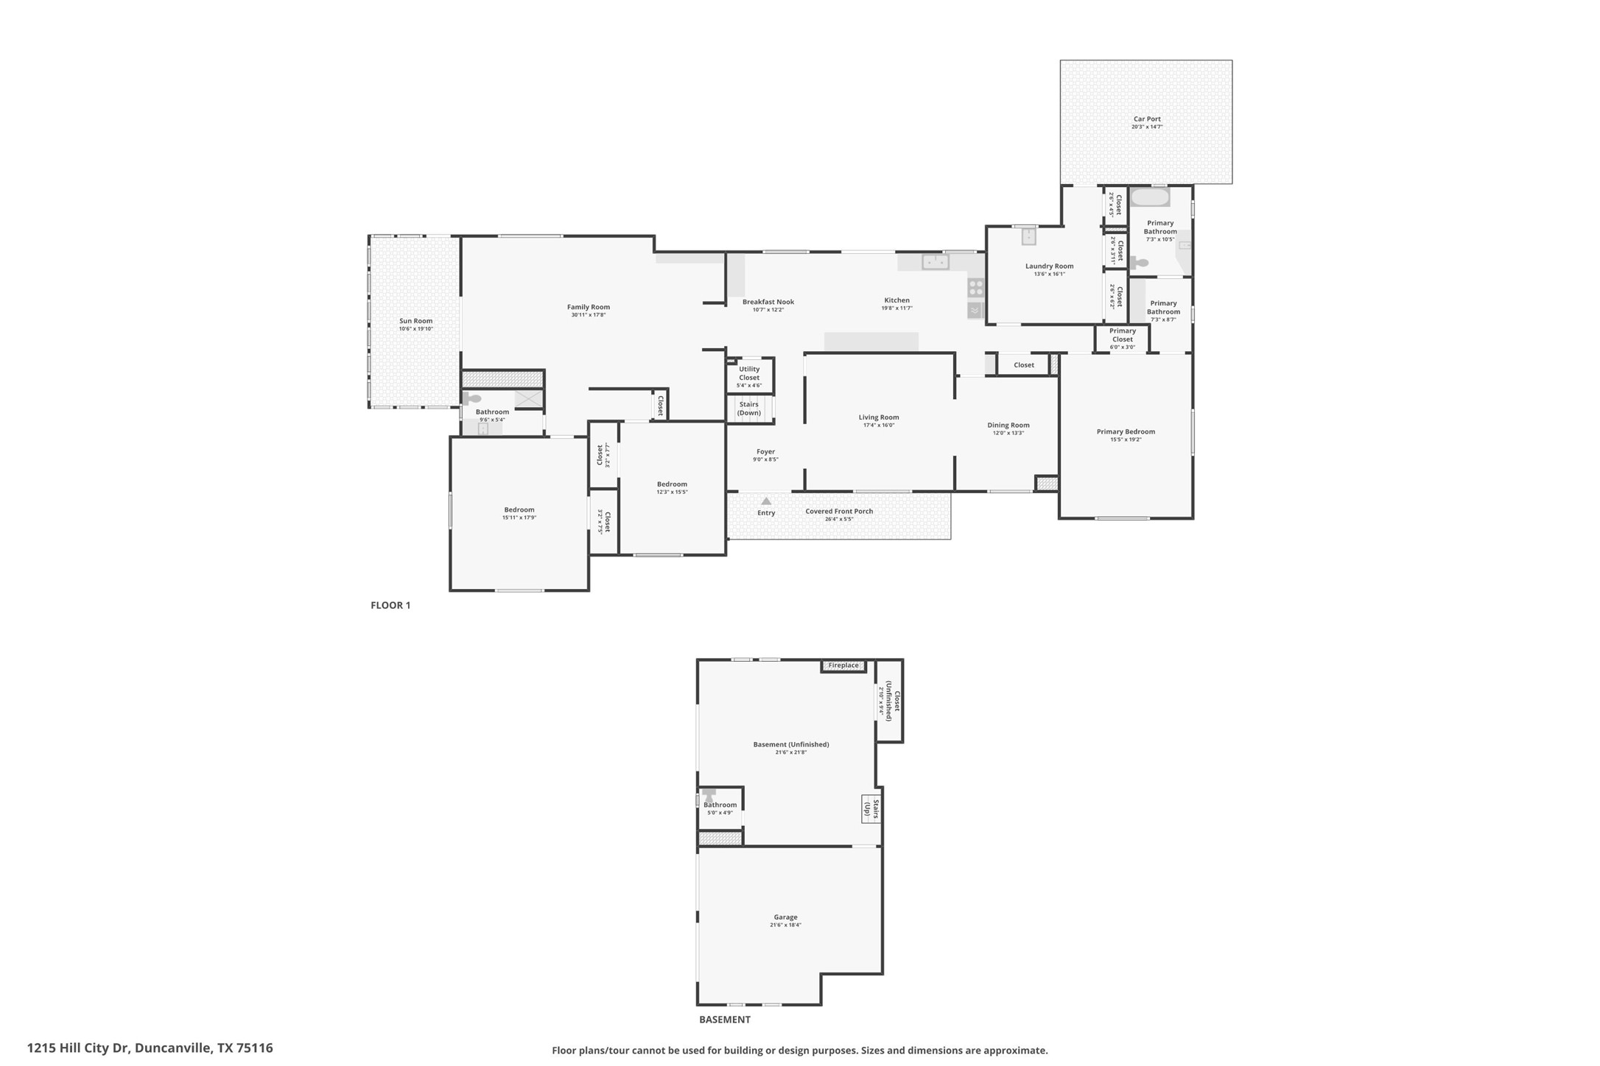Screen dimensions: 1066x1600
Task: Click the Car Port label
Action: point(1147,119)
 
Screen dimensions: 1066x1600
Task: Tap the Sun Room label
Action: point(415,321)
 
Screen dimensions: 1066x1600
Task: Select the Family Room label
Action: point(588,307)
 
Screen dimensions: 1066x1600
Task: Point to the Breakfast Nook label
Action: point(768,302)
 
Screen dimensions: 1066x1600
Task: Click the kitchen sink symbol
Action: point(935,261)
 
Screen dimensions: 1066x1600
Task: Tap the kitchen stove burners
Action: point(975,287)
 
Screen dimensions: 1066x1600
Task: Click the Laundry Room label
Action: point(1049,266)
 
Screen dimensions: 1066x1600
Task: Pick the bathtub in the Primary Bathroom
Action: point(1150,197)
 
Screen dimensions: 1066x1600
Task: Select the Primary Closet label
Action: point(1122,335)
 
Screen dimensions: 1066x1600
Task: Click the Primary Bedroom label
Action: point(1125,432)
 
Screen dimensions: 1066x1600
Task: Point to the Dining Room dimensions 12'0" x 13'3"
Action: point(1008,433)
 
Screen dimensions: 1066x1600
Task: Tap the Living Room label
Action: point(878,417)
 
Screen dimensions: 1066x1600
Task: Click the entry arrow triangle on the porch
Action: point(766,501)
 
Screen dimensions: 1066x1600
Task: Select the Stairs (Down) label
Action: point(748,409)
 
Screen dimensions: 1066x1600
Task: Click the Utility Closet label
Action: point(748,373)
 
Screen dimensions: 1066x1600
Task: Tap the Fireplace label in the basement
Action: point(843,666)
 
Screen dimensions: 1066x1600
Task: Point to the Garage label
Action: point(785,917)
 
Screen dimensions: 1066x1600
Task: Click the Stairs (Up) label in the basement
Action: point(871,809)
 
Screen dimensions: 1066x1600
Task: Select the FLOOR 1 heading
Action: point(390,605)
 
